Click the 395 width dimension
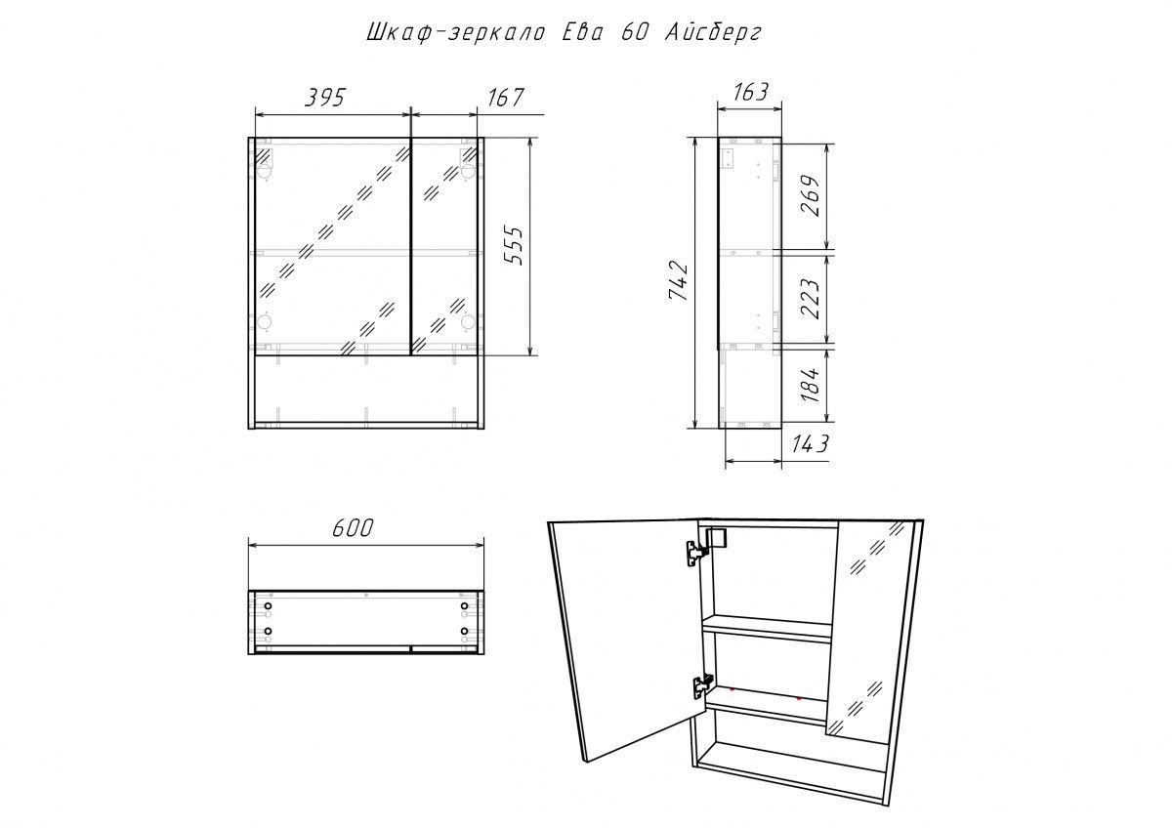(325, 98)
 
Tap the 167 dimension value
(505, 98)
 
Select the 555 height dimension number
(515, 246)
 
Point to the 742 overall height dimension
(679, 282)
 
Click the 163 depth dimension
(749, 92)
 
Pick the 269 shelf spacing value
(810, 196)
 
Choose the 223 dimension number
(810, 299)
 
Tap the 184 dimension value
(810, 385)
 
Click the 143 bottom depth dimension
(810, 444)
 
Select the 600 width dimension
(353, 528)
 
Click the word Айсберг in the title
(713, 33)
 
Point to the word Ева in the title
(582, 33)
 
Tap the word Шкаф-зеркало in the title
(455, 33)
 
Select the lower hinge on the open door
(702, 685)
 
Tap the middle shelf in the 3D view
(767, 629)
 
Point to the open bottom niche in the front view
(366, 389)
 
